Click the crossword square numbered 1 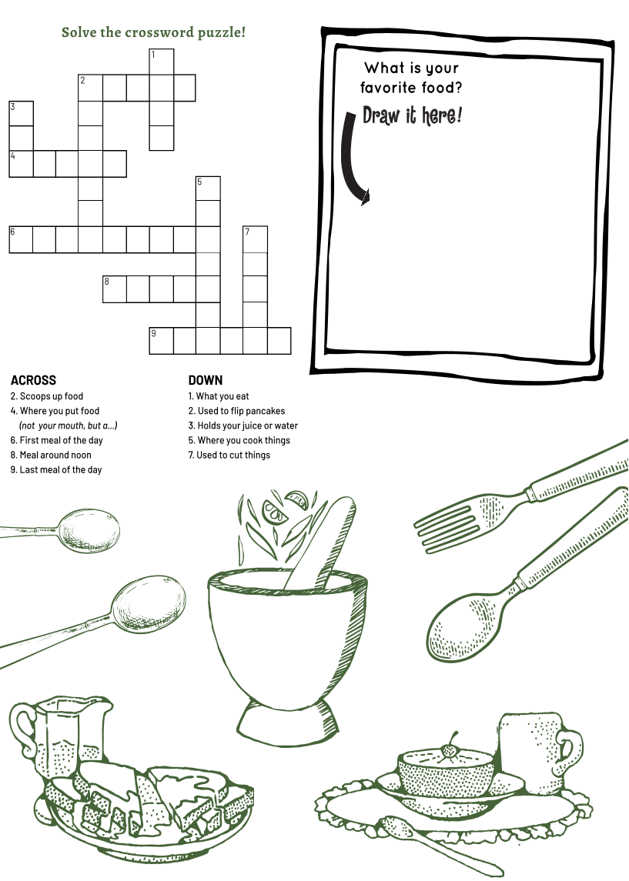point(162,62)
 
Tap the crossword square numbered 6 point(21,239)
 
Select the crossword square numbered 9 point(162,341)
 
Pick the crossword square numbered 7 point(255,239)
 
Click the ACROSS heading point(33,380)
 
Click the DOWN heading point(205,380)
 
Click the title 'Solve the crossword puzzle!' point(153,32)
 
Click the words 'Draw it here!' point(412,115)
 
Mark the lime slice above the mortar point(274,512)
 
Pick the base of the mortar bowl point(289,722)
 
